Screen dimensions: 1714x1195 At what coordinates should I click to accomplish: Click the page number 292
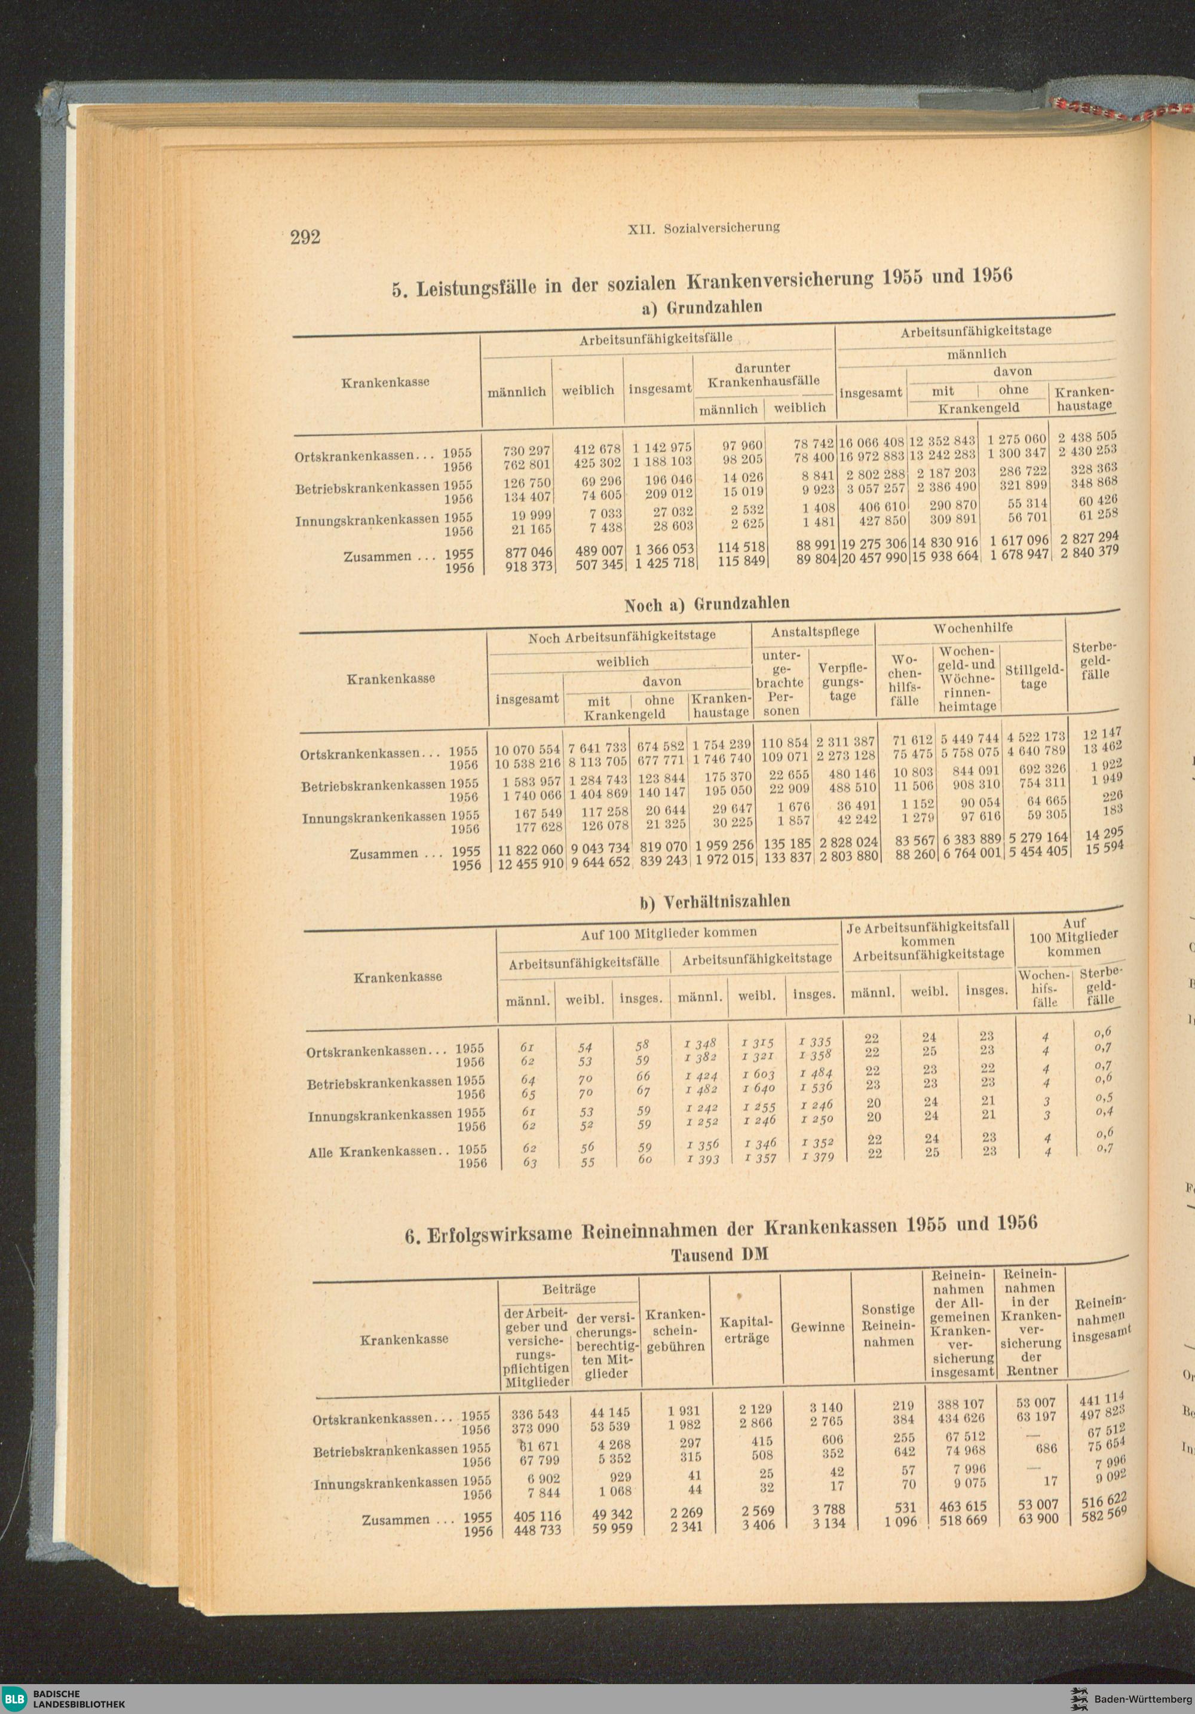[305, 237]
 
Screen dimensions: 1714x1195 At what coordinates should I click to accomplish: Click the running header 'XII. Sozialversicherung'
[704, 228]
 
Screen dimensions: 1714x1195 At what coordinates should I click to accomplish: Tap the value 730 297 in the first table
[526, 451]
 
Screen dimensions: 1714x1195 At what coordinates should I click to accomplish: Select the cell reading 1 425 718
[664, 563]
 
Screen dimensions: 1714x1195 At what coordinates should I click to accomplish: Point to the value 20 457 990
[872, 558]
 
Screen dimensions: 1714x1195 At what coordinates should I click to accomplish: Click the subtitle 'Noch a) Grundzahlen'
[706, 603]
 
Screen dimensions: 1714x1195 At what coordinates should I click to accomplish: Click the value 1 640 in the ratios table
[759, 1088]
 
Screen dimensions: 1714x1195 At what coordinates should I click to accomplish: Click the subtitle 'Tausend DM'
[719, 1255]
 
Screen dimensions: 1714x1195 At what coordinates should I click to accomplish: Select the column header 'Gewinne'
[817, 1327]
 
